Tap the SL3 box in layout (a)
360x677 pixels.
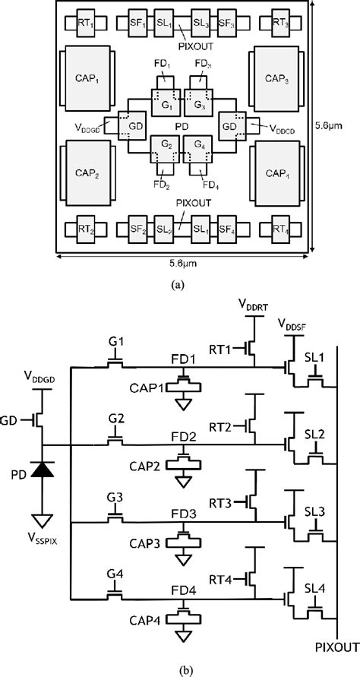201,23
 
